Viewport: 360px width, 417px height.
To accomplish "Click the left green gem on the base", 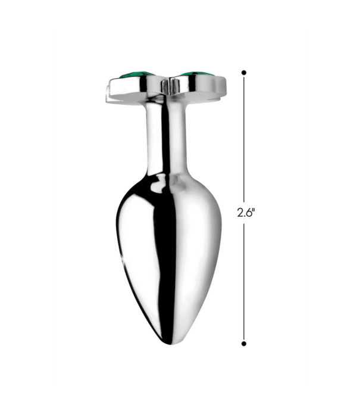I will click(138, 75).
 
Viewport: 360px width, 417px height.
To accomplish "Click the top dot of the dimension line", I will click(244, 72).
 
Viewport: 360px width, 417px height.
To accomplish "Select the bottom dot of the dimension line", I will click(244, 343).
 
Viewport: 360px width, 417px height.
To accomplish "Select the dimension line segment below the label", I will click(244, 280).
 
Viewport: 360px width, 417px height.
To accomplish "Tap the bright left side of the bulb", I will click(134, 238).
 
